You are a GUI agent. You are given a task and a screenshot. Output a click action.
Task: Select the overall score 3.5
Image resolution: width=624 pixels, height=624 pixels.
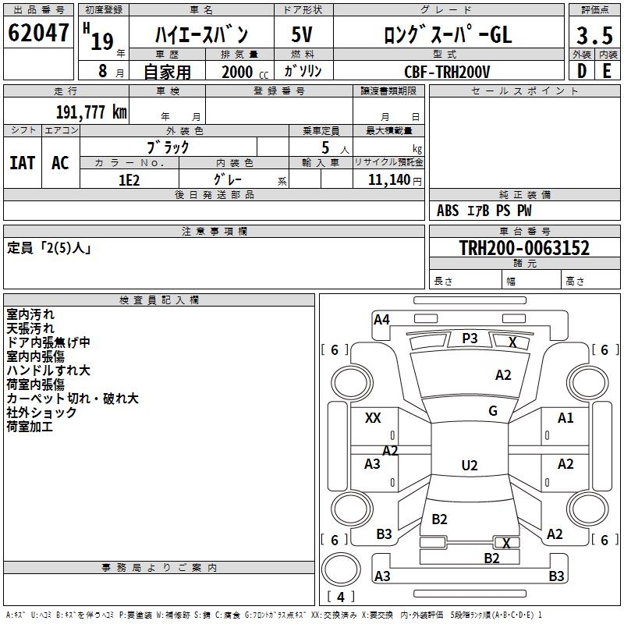click(x=594, y=37)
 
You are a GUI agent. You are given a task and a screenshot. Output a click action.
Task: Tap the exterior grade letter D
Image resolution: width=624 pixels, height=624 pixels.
click(x=581, y=70)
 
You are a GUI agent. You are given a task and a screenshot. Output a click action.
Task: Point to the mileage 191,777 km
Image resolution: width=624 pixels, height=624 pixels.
click(x=91, y=112)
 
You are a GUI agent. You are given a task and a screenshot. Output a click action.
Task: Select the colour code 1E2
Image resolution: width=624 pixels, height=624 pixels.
click(x=129, y=179)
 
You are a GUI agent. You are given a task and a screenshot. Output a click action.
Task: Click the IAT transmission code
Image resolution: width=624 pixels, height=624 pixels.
click(x=23, y=162)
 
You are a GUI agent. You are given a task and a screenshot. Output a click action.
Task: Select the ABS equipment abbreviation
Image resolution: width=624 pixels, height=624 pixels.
click(x=448, y=211)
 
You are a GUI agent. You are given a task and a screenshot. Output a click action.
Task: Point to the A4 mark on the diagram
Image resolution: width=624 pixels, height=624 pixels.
click(x=381, y=319)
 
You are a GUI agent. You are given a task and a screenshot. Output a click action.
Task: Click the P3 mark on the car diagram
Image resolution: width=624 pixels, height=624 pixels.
click(x=470, y=338)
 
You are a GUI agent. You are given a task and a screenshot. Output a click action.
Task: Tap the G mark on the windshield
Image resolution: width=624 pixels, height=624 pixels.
click(x=493, y=411)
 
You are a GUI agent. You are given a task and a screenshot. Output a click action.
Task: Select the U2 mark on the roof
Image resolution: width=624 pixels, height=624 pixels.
click(x=470, y=466)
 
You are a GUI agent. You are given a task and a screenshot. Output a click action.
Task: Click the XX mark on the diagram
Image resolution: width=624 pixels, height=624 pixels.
click(x=373, y=418)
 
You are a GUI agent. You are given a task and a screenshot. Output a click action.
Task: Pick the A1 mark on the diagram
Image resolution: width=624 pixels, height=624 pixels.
click(x=565, y=418)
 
